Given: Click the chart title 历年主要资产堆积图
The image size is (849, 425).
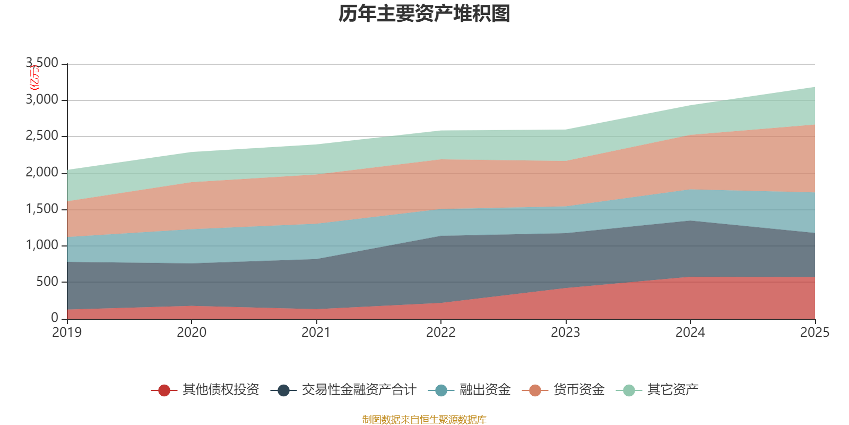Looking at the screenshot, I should coord(424,14).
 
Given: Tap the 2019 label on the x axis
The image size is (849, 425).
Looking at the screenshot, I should coord(67,333).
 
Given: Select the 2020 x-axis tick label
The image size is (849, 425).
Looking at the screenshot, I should coord(192,333).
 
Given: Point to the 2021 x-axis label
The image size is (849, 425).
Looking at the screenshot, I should coord(316,333).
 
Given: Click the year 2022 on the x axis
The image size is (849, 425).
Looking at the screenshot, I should coord(441,333).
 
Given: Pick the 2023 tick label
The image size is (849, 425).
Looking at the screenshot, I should coord(566,333).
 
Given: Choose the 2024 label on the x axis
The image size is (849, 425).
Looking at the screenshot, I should coord(690,333).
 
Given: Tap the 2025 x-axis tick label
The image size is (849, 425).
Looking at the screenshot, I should coord(815,333).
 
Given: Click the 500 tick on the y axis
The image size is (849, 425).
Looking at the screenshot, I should coord(47,282).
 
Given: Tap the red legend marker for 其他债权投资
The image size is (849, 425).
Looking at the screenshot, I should coord(164,390).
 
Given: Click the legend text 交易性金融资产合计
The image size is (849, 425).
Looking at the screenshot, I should coord(359,390).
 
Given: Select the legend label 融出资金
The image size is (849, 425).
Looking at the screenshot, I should coord(484,390).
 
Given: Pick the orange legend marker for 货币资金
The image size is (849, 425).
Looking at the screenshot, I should coord(535,390).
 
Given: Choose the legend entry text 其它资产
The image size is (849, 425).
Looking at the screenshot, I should coord(672,390).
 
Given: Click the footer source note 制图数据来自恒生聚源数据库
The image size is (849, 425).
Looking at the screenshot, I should coord(424,420).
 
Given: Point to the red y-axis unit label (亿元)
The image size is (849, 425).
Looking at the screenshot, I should coord(34,78).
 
